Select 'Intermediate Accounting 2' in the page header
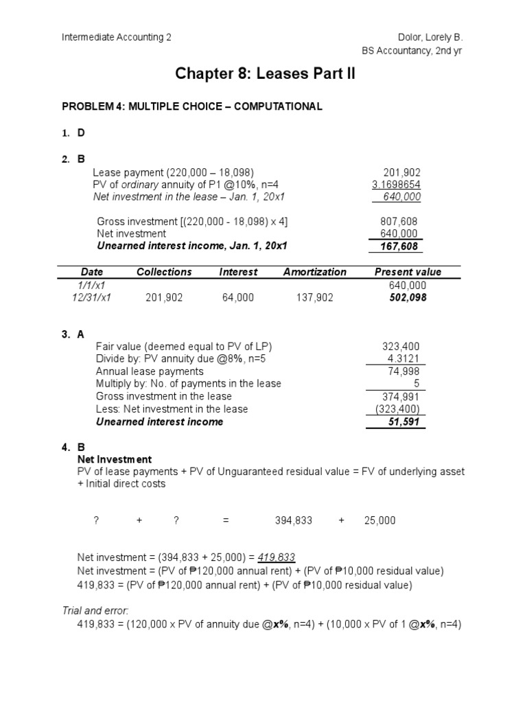pos(117,37)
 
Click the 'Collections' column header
pos(164,272)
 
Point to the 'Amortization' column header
pos(315,272)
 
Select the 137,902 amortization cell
pos(315,298)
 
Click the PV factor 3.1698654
pos(397,185)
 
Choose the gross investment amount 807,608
pos(399,222)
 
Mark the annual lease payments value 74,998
pos(406,371)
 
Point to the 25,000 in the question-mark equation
pos(379,521)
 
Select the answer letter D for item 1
pos(81,132)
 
